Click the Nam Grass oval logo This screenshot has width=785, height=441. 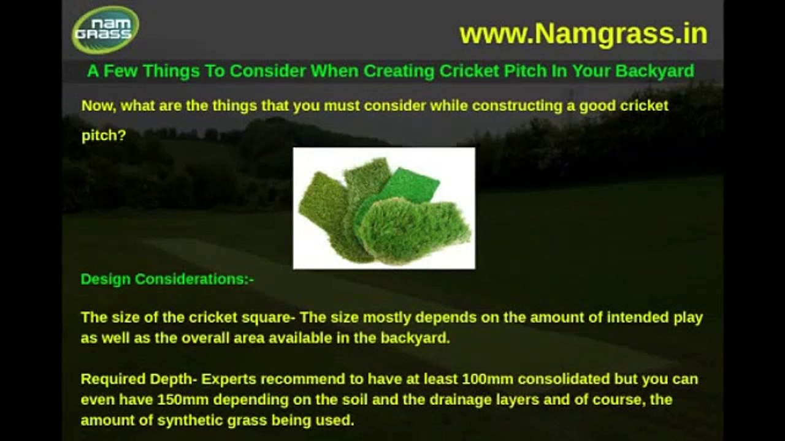pos(105,30)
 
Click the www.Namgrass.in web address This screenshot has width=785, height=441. pos(583,34)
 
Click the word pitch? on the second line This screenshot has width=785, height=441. pos(104,136)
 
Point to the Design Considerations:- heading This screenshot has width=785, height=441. pos(167,279)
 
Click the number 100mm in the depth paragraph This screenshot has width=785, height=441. pos(488,379)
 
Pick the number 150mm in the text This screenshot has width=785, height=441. pos(180,400)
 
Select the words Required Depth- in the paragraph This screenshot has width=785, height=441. pos(139,379)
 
